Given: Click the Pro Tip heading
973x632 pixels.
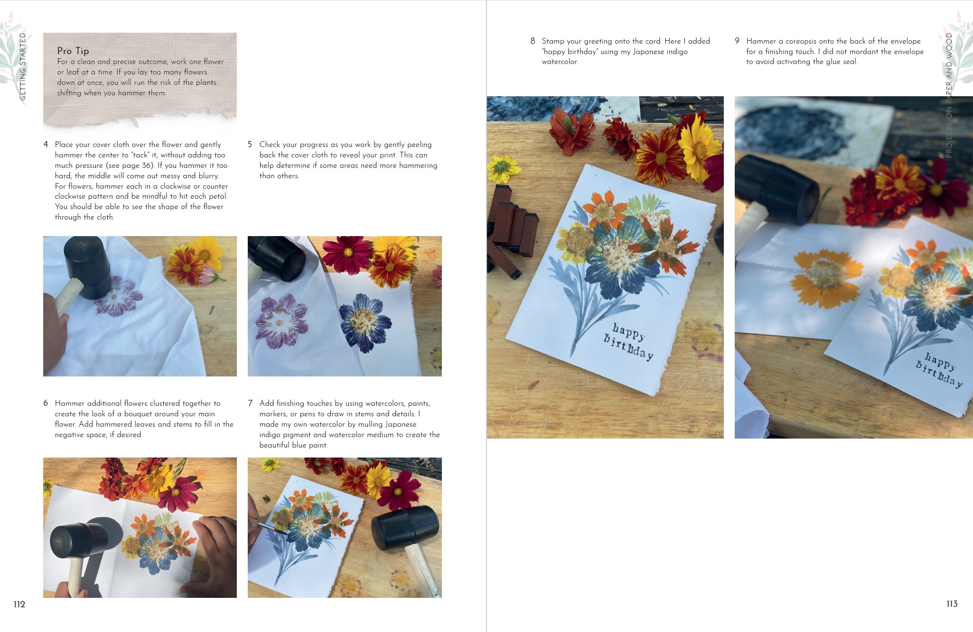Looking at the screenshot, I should pyautogui.click(x=73, y=51).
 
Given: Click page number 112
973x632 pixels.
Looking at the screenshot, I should pyautogui.click(x=19, y=604).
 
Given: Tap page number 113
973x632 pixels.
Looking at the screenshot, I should pyautogui.click(x=952, y=604).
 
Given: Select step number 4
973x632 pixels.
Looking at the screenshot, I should pyautogui.click(x=46, y=145).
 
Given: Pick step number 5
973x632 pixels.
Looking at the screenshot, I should pyautogui.click(x=250, y=145).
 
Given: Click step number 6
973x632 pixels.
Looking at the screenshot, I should pyautogui.click(x=46, y=403).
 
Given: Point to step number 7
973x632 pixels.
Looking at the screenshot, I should pyautogui.click(x=250, y=403).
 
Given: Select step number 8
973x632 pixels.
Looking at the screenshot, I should pyautogui.click(x=533, y=41).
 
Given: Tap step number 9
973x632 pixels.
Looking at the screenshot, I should pyautogui.click(x=737, y=41).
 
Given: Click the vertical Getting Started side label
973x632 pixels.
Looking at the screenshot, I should pyautogui.click(x=22, y=66).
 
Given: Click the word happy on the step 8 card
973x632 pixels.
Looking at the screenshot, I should pyautogui.click(x=628, y=331).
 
